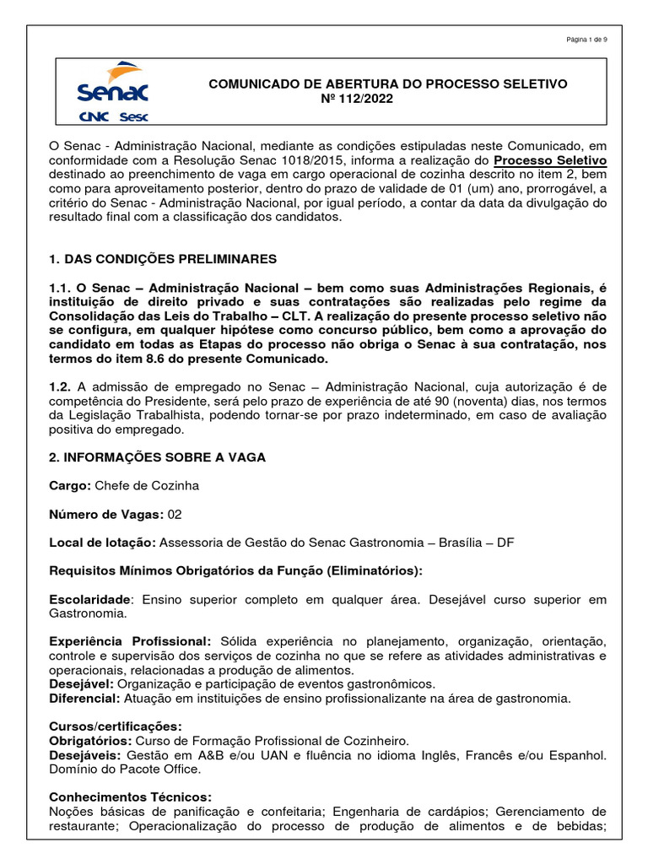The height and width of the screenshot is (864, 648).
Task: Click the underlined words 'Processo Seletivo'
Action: (x=549, y=160)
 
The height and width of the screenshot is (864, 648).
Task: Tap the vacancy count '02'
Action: (x=174, y=514)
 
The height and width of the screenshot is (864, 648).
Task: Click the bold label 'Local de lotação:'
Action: (x=103, y=543)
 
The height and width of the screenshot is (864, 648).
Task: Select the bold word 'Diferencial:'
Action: (x=85, y=698)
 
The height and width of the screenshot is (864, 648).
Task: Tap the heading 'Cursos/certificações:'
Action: (x=115, y=726)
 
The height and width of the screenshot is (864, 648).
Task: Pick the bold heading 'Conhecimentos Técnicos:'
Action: (x=130, y=796)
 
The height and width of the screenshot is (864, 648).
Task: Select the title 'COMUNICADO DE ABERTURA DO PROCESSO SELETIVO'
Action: (x=387, y=84)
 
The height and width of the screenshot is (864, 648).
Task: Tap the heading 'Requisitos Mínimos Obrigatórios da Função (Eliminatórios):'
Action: (x=235, y=570)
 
